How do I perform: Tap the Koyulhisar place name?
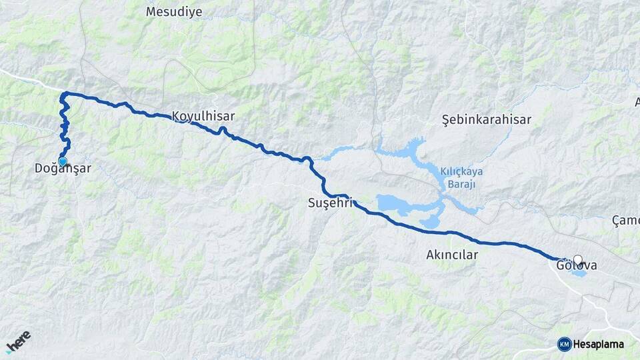click(x=203, y=115)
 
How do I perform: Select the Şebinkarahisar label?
click(x=487, y=120)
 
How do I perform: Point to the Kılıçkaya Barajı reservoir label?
click(x=461, y=177)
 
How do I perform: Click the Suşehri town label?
click(x=329, y=203)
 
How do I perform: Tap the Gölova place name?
click(x=577, y=266)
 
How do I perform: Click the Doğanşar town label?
click(x=63, y=169)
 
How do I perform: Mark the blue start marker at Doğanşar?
click(x=63, y=161)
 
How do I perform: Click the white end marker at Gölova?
click(x=577, y=260)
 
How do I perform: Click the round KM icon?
click(x=564, y=344)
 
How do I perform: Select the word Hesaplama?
click(x=598, y=345)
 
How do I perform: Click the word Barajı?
click(x=461, y=184)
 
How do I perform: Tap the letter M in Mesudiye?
click(x=150, y=11)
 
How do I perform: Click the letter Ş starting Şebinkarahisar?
click(x=445, y=120)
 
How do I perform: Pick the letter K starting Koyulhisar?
click(x=176, y=115)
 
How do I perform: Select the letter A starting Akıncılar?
click(x=429, y=255)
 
